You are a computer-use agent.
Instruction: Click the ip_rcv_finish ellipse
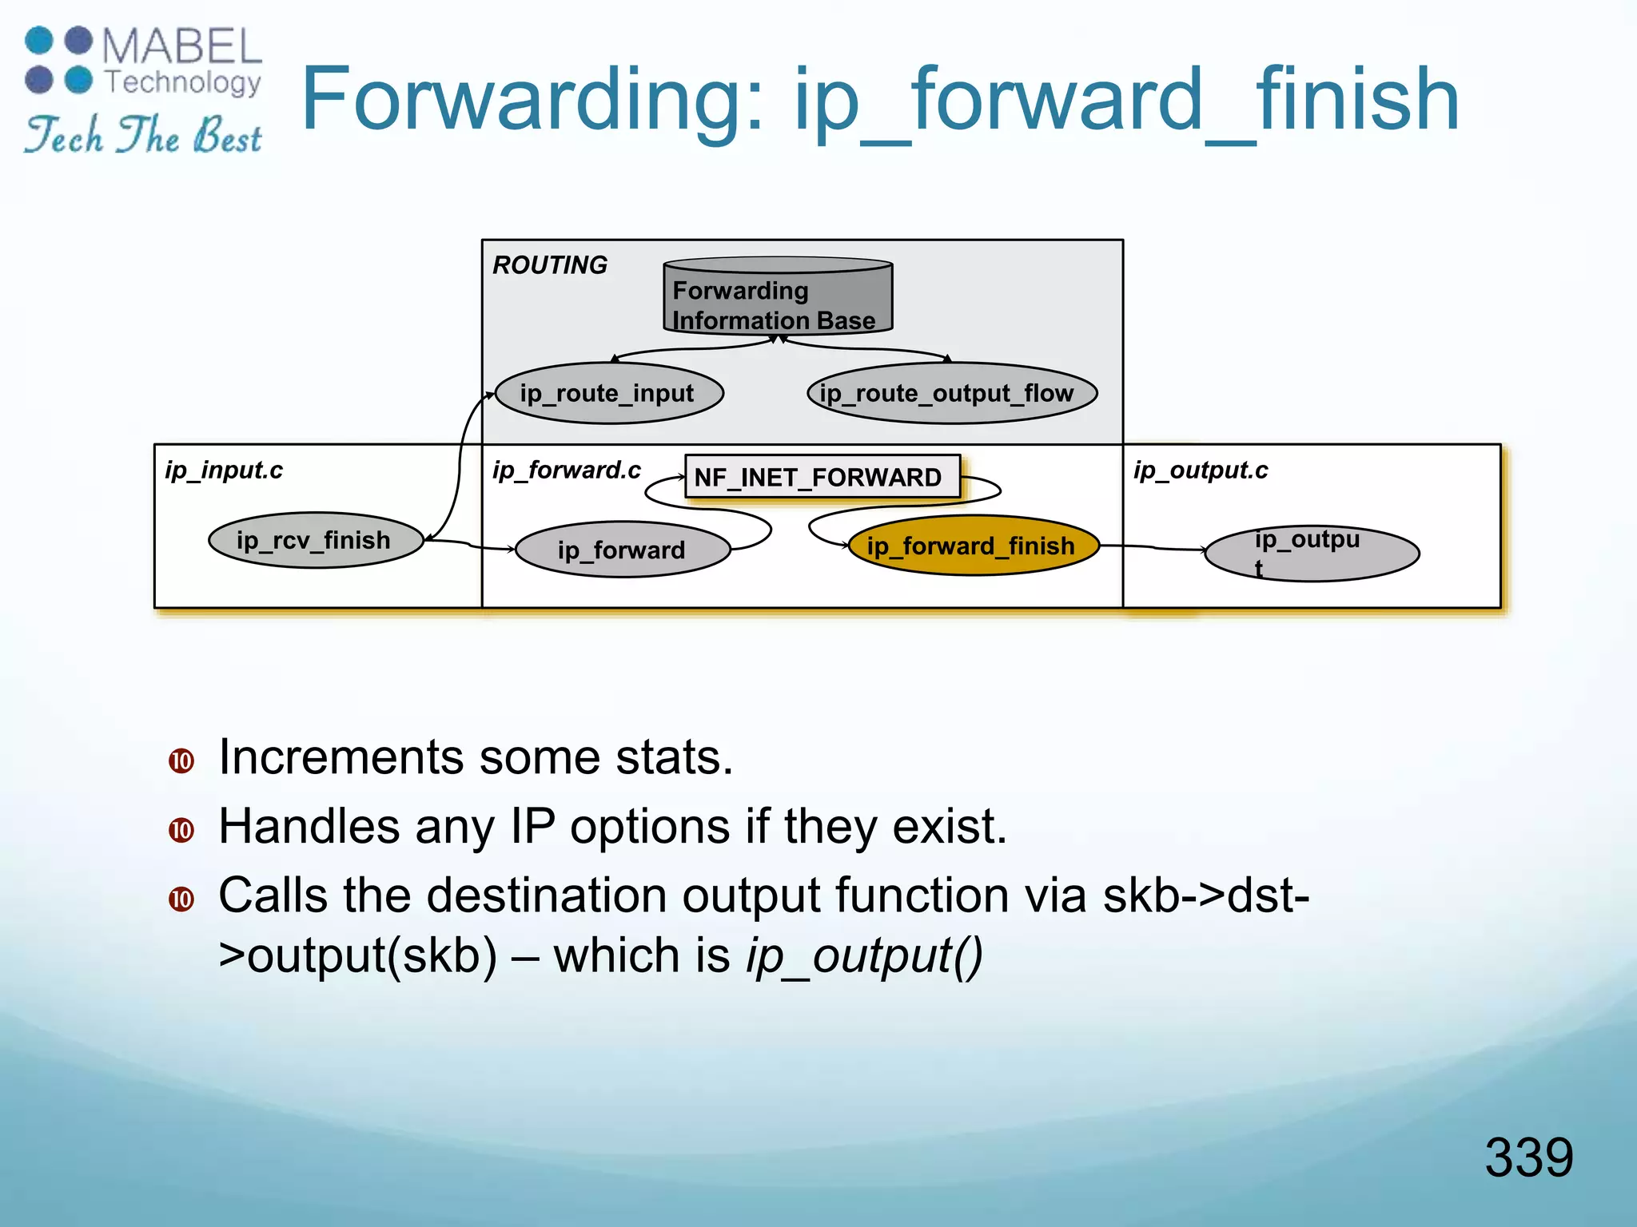[315, 541]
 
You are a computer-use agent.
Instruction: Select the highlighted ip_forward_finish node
[972, 546]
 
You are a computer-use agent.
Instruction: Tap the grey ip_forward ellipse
[622, 550]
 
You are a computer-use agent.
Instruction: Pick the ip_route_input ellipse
[608, 393]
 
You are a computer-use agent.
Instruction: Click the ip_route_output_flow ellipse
[951, 393]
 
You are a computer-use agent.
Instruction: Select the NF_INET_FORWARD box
[822, 477]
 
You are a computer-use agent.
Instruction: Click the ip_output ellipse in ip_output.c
[1311, 553]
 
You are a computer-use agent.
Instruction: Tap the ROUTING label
[550, 265]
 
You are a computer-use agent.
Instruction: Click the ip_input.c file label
[224, 470]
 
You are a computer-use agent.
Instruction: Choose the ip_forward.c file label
[566, 470]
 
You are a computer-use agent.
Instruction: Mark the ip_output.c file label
[1200, 470]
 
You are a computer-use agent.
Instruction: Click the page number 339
[1528, 1157]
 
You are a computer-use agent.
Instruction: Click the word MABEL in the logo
[182, 46]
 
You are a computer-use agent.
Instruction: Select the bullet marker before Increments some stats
[181, 760]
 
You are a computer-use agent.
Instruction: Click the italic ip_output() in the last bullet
[864, 955]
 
